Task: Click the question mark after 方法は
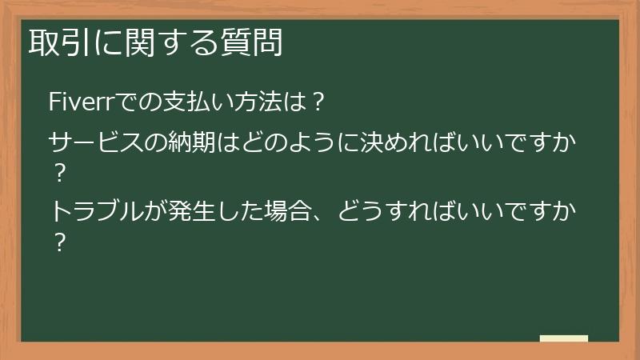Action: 318,102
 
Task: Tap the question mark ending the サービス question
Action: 58,171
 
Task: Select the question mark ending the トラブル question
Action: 58,239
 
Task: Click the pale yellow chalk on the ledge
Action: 564,338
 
